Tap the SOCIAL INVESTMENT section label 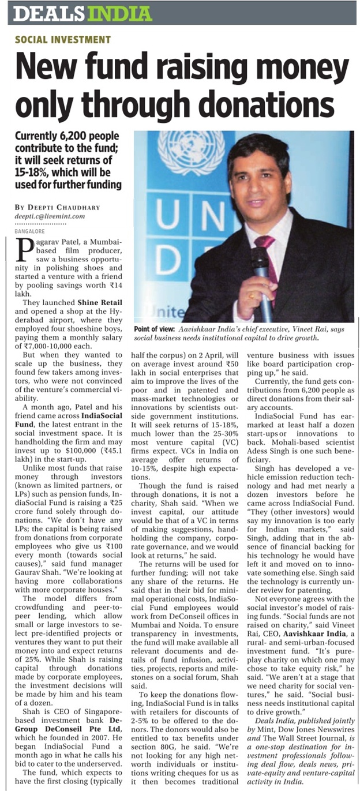(x=62, y=40)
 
